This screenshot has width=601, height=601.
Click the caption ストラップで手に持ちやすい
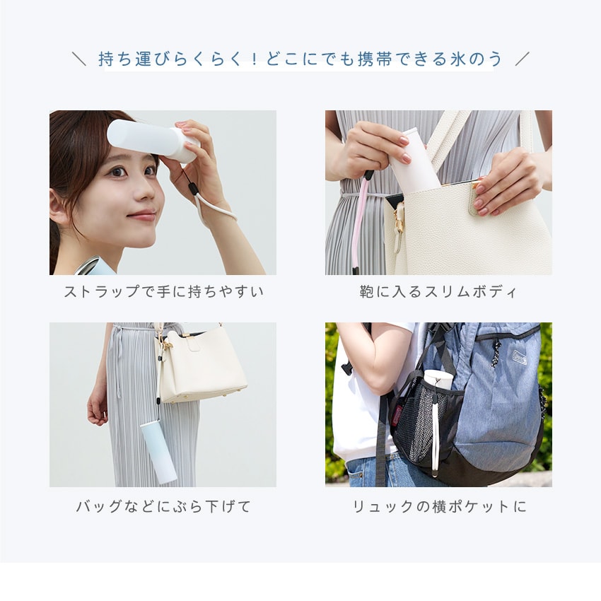point(163,292)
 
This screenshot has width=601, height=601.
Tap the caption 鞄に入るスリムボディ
point(438,292)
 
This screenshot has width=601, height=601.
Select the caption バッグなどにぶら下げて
point(163,506)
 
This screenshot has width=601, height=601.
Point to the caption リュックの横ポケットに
point(439,506)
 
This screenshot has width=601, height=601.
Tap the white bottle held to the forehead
point(153,140)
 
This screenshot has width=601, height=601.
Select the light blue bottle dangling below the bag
point(158,452)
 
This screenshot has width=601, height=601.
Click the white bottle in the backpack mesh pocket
point(438,380)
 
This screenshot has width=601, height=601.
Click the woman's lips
point(142,216)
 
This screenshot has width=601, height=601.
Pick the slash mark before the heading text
point(79,59)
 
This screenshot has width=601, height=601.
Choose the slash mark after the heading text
point(522,59)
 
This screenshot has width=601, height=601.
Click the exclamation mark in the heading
point(253,59)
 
